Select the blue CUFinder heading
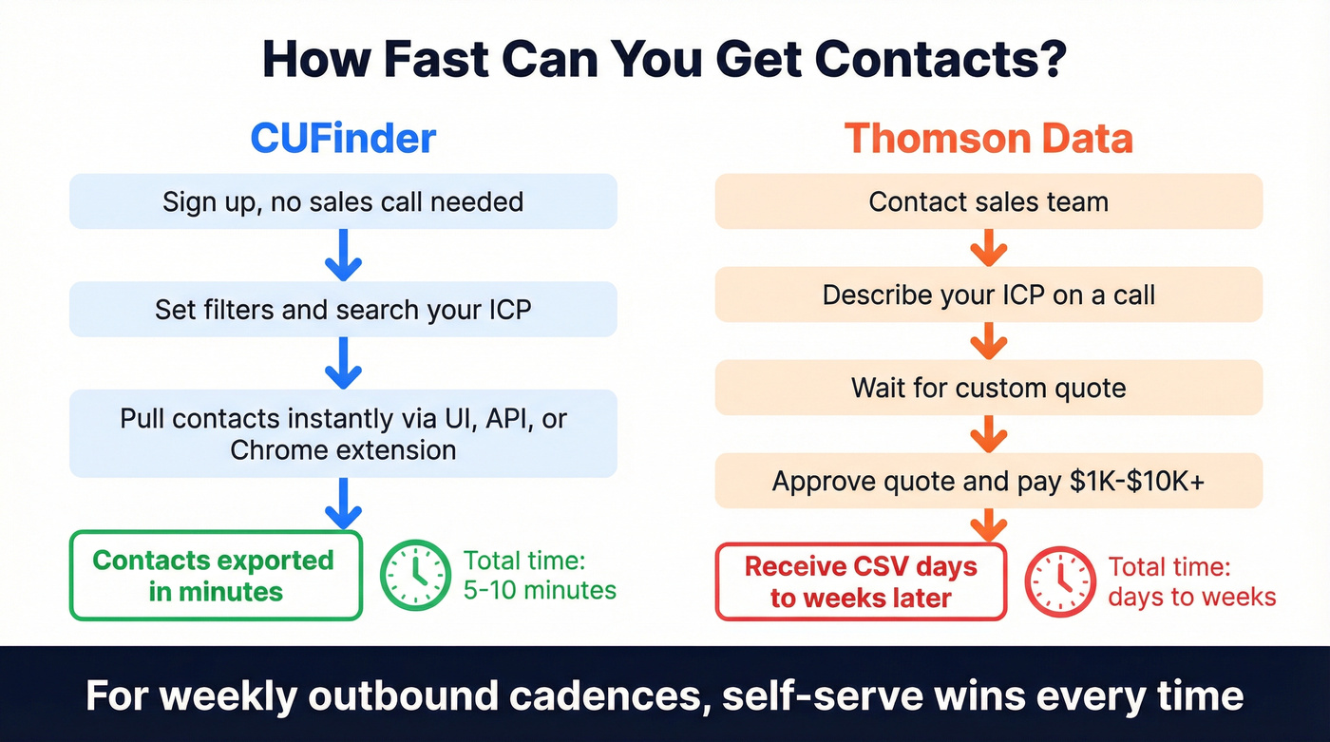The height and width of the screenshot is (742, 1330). pos(343,139)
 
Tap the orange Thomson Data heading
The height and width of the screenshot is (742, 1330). pos(988,139)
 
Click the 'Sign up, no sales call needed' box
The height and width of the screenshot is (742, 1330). pos(343,201)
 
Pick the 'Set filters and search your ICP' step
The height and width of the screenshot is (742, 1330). pos(343,310)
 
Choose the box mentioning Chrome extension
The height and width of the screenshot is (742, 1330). pos(343,434)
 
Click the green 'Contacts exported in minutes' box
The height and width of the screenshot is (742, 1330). pos(216,576)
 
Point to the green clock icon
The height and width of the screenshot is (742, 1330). pos(415,576)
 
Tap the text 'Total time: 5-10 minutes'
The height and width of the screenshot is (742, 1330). pos(539,576)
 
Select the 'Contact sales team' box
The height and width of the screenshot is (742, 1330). pos(988,201)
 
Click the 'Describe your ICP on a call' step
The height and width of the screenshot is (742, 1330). pos(988,295)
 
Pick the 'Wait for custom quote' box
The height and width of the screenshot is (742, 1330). pos(988,388)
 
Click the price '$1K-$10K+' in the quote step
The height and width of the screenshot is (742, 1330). pos(1137,481)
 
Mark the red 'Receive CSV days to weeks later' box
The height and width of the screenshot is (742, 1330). pos(860,581)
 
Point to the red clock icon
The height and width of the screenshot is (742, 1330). pos(1059,581)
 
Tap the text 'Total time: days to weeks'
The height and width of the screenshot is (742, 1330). pos(1190,581)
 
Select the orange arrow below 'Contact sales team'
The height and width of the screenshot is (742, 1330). pos(988,249)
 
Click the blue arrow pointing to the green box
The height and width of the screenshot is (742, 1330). pos(343,504)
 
